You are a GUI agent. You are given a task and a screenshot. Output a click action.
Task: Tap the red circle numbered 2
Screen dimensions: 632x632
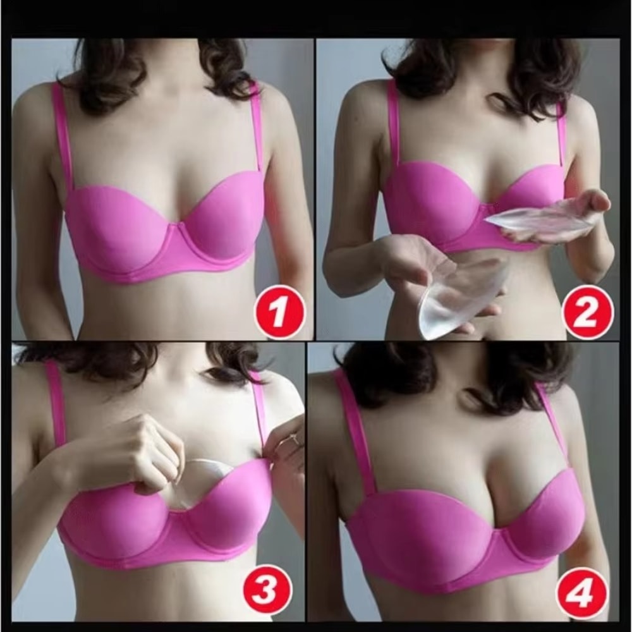pyautogui.click(x=588, y=311)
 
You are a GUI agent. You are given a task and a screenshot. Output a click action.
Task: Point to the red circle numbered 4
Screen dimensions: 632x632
pyautogui.click(x=581, y=592)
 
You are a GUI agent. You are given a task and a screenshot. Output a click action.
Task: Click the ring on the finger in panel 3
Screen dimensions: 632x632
pyautogui.click(x=294, y=439)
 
